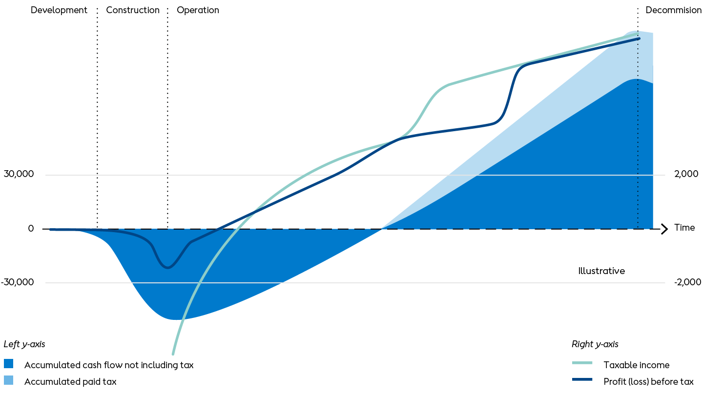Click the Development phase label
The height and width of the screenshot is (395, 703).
tap(59, 10)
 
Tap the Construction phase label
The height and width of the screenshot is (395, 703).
tap(133, 10)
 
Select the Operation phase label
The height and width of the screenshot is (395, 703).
tap(198, 10)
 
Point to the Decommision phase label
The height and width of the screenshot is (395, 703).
tap(674, 10)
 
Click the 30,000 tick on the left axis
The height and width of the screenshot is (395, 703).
tap(19, 174)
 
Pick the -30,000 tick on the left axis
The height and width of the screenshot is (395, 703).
tap(17, 282)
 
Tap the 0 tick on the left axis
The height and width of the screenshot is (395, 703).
tap(31, 228)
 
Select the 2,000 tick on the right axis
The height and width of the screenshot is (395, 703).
tap(686, 174)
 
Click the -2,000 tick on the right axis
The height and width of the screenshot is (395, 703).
tap(687, 282)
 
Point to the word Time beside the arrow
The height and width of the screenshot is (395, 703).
tap(684, 228)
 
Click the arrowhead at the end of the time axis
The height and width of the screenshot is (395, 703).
tap(667, 229)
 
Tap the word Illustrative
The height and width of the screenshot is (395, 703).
tap(601, 271)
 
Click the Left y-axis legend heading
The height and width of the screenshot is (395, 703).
tap(24, 344)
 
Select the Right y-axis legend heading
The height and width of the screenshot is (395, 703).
tap(595, 344)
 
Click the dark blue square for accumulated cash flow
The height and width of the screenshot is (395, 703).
tap(8, 364)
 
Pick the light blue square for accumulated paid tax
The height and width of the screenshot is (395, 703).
tap(8, 380)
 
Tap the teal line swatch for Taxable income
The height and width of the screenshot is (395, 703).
tap(582, 363)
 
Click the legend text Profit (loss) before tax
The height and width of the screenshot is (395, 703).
tap(648, 381)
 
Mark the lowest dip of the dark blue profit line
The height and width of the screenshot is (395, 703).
tap(167, 268)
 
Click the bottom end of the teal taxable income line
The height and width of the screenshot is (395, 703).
tap(173, 354)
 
